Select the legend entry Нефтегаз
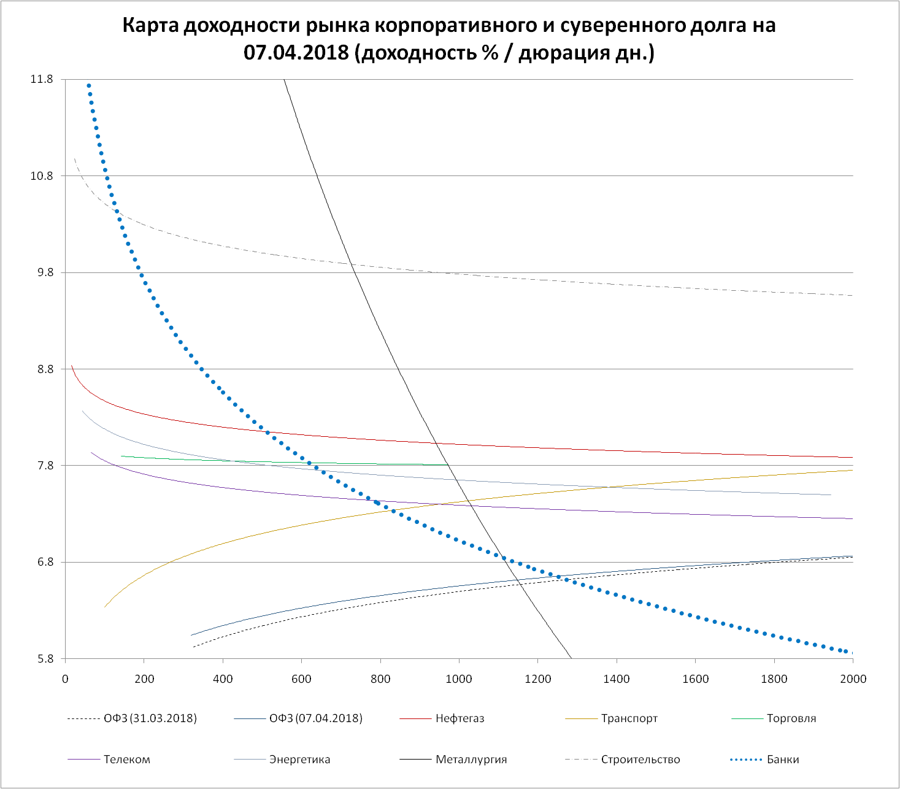(x=460, y=718)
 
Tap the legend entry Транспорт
(x=629, y=718)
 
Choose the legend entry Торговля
(x=791, y=718)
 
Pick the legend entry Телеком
(x=127, y=760)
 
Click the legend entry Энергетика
(x=299, y=760)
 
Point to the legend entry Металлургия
(x=471, y=760)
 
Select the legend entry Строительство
(x=640, y=760)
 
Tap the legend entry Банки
(x=783, y=760)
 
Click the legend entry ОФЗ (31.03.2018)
(x=150, y=718)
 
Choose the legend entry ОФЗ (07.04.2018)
(x=316, y=718)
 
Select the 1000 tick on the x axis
(x=459, y=679)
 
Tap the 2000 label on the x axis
(x=853, y=679)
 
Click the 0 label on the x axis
(x=65, y=679)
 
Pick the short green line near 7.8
(x=245, y=460)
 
